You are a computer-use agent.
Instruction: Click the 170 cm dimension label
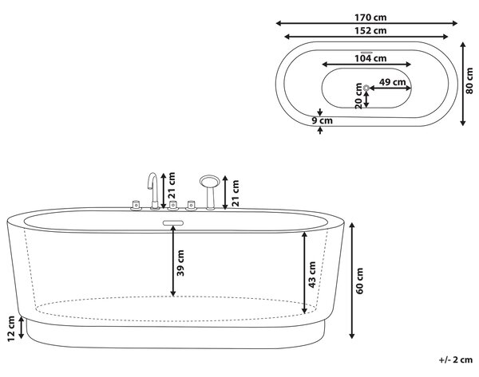tap(370, 18)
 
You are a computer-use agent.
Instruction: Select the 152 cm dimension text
tap(370, 30)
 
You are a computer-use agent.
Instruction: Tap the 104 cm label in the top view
tap(370, 58)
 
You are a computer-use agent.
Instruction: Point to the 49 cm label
tap(392, 82)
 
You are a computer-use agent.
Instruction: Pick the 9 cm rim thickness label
tap(322, 120)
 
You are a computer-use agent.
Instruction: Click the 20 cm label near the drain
tap(359, 96)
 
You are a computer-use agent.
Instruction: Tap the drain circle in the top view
tap(366, 88)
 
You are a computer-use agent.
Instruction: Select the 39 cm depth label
tap(180, 263)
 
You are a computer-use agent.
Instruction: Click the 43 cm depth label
tap(312, 274)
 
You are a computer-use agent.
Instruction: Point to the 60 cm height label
tap(359, 281)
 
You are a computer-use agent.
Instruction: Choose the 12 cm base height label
tap(10, 328)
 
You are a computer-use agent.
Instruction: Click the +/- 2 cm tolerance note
tap(456, 359)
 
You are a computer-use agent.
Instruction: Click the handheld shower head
tap(209, 181)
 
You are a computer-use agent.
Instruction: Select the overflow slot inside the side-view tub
tap(173, 223)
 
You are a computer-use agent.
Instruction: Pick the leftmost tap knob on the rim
tap(136, 206)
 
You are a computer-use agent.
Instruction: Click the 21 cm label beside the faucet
tap(172, 186)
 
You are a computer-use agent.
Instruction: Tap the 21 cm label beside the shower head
tap(236, 193)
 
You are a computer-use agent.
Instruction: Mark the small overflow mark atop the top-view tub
tap(366, 53)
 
